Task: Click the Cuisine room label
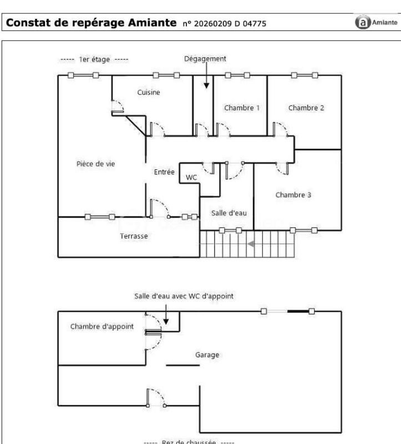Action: [x=149, y=93]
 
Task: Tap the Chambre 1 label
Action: [x=241, y=108]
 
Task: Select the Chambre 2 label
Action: [x=306, y=108]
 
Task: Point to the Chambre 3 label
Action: [x=293, y=195]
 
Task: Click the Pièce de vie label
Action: [x=95, y=164]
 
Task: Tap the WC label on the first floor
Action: [x=191, y=177]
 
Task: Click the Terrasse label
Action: [x=134, y=236]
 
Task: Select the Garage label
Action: [x=207, y=354]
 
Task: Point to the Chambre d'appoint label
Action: [x=102, y=326]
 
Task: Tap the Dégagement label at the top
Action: [x=206, y=58]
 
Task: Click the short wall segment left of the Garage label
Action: [x=183, y=365]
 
